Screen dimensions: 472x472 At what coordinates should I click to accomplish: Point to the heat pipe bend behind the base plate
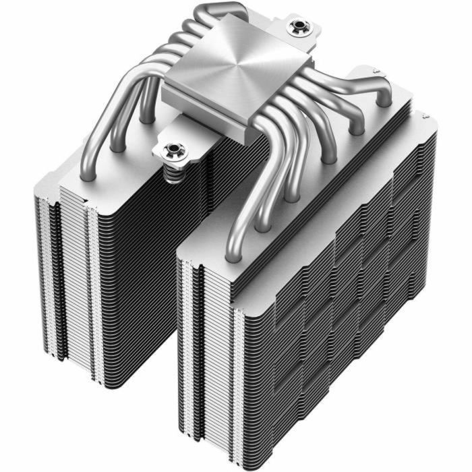216,13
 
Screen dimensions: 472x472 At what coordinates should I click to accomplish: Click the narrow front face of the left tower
67,283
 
